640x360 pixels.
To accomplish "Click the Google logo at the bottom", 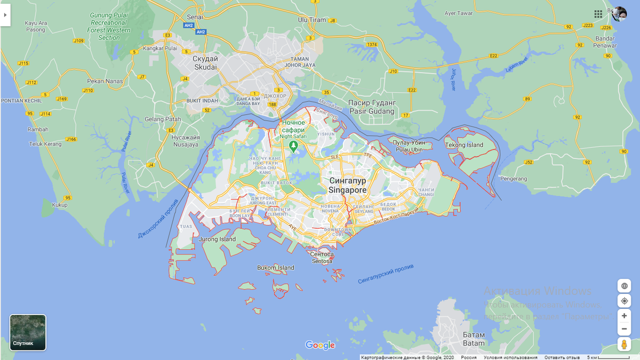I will click(320, 345).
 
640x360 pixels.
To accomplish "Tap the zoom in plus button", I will click(624, 316).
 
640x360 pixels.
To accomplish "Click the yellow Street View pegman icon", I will click(624, 344).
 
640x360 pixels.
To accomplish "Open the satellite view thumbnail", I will click(28, 332).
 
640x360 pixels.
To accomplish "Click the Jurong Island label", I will click(217, 239).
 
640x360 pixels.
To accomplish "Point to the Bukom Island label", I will click(275, 268).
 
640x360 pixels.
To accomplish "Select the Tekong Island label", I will click(464, 145).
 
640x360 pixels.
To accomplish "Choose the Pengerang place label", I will click(514, 179).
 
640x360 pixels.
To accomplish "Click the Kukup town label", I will click(60, 205).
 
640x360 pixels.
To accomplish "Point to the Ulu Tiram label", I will click(312, 20).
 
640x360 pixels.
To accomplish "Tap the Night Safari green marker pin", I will click(292, 145).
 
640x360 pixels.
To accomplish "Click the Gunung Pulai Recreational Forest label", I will click(109, 27).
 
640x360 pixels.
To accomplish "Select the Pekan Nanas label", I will click(105, 82).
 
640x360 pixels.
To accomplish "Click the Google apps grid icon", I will click(598, 14).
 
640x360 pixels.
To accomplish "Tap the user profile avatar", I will click(619, 14).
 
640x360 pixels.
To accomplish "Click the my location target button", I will click(624, 301).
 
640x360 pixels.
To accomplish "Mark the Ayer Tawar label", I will click(458, 13).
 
